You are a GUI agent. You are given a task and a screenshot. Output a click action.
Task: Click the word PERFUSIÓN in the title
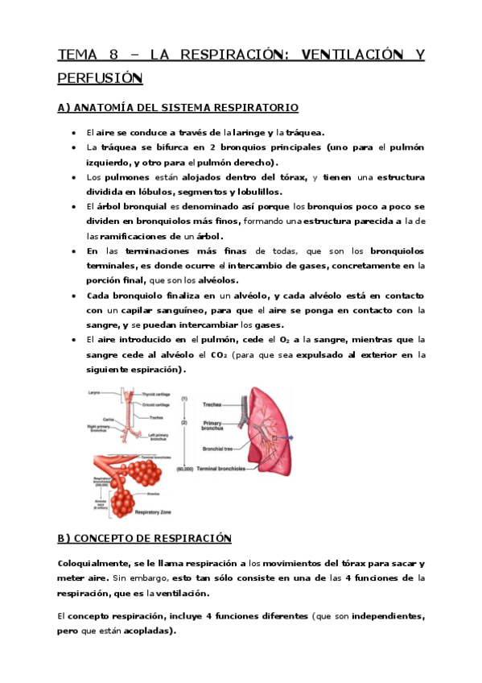(100, 79)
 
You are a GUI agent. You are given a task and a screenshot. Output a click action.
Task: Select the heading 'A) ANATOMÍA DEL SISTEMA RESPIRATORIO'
(178, 108)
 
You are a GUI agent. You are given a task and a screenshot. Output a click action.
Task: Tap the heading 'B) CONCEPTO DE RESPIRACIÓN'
(145, 539)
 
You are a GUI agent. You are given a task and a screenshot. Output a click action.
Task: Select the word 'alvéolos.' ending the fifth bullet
(216, 280)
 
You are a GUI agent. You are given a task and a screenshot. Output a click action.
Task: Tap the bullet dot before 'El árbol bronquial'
(73, 206)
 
